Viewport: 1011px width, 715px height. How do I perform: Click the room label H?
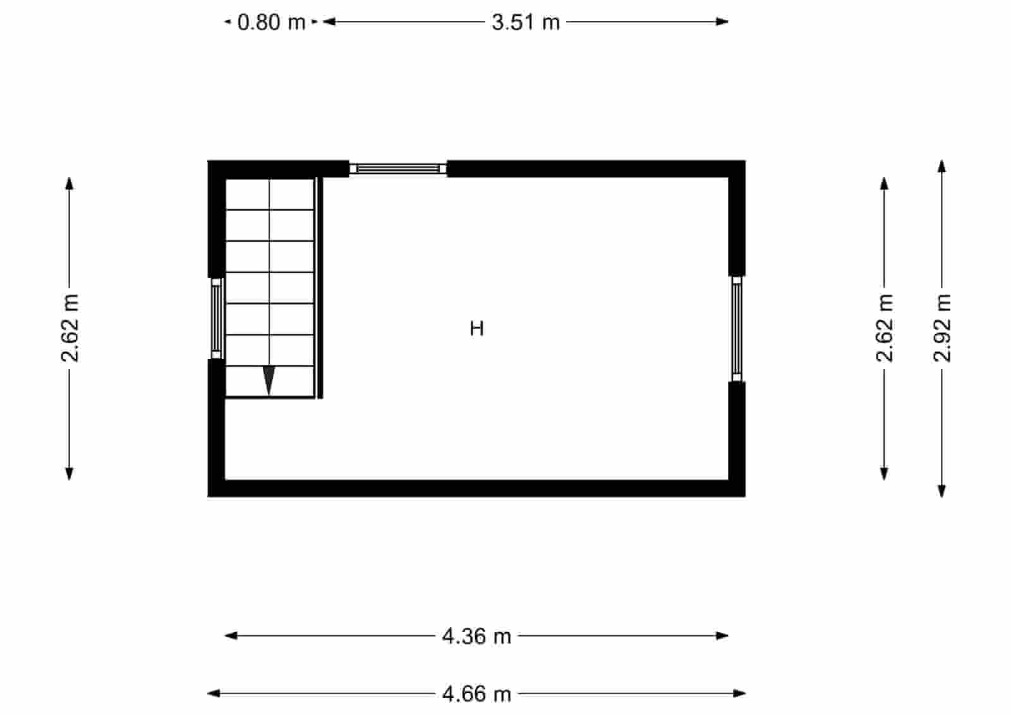pos(477,329)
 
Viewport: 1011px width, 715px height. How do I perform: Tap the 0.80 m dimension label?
pos(271,23)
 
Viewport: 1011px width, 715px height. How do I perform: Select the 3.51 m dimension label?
pos(526,23)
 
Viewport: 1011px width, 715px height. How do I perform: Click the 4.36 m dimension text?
pos(476,636)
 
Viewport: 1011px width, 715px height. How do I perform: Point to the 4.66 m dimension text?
pos(476,694)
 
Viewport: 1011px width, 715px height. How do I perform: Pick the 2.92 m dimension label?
pos(942,327)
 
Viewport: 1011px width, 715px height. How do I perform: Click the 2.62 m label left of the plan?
pos(70,327)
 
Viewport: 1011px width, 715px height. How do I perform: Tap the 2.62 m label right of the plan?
pos(885,327)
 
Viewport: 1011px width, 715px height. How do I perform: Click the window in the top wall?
pos(398,168)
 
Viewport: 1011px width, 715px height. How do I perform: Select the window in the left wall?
pos(216,318)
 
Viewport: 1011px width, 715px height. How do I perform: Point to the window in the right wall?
pos(737,329)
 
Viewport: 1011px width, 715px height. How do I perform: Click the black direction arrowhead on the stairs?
pos(269,380)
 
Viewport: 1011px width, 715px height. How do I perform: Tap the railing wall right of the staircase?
pos(320,288)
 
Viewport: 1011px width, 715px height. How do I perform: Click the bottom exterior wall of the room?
pos(476,488)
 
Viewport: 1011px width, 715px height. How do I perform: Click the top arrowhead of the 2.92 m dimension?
pos(941,166)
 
